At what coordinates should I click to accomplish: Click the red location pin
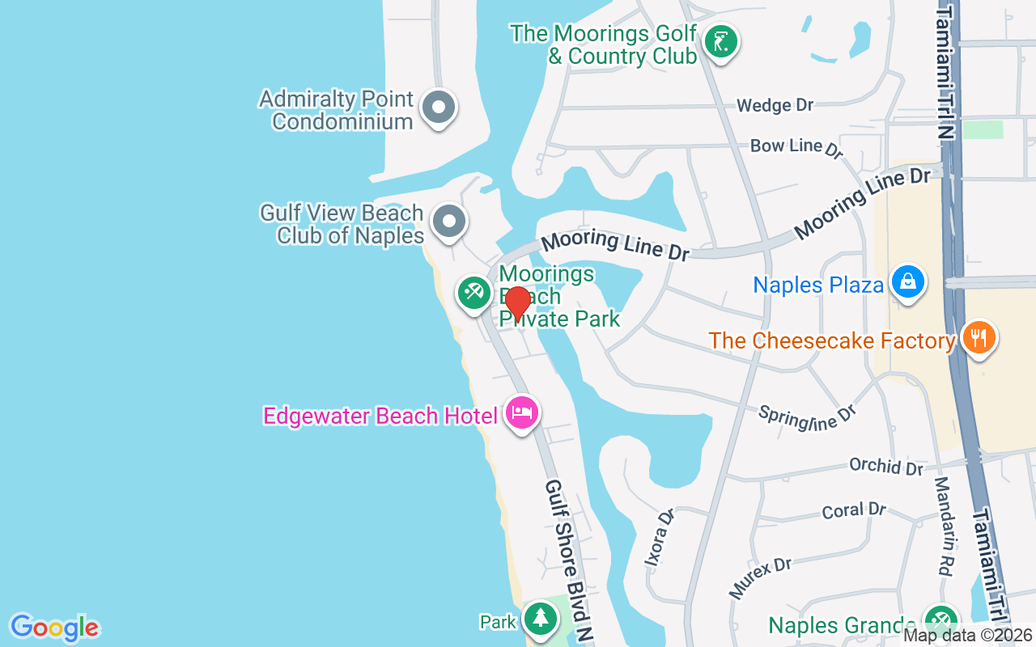coord(517,303)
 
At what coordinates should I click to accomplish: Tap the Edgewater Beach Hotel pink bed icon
coord(522,412)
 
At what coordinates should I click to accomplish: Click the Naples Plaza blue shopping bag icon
coord(908,282)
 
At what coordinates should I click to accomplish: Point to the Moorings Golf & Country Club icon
coord(720,41)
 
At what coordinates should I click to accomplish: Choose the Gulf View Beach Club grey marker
coord(448,221)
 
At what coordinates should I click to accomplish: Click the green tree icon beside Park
coord(540,619)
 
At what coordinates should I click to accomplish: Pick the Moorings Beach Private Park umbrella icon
coord(473,292)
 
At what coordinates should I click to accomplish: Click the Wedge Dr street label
coord(775,105)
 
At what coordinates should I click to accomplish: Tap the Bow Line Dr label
coord(796,146)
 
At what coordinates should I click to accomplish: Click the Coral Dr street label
coord(854,511)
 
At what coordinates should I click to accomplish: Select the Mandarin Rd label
coord(942,526)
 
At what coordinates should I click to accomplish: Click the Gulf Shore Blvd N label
coord(569,561)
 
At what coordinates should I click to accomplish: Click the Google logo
coord(54,628)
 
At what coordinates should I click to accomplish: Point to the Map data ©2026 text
coord(968,636)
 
